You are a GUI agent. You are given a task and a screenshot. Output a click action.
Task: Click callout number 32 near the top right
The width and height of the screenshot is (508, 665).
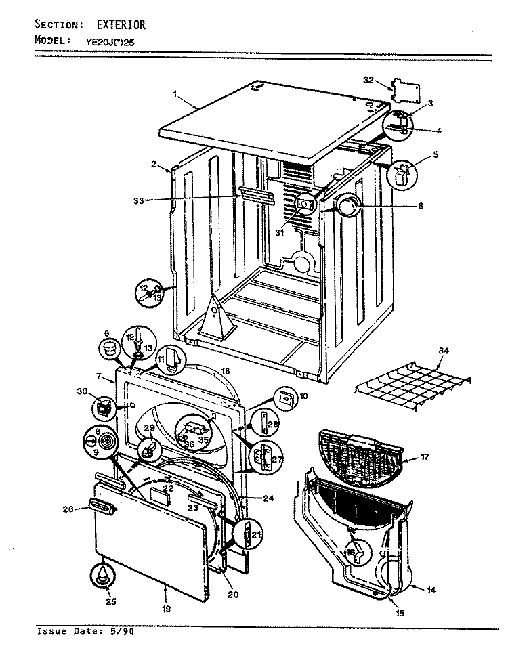pyautogui.click(x=368, y=80)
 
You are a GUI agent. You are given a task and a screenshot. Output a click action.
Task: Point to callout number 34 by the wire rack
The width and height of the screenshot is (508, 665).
pyautogui.click(x=444, y=350)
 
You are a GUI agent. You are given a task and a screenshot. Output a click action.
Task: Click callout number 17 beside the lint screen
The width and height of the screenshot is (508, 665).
pyautogui.click(x=425, y=457)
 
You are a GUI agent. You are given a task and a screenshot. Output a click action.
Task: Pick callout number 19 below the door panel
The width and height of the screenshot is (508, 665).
pyautogui.click(x=166, y=608)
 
